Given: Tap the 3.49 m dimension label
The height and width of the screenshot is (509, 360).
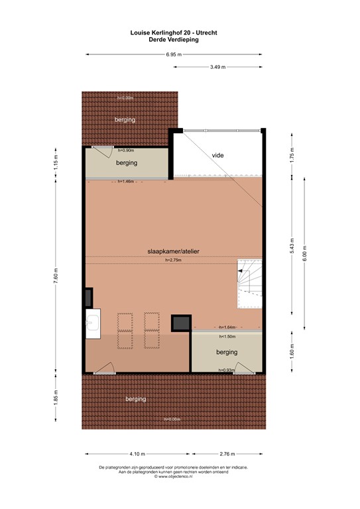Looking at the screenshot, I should click(x=217, y=67).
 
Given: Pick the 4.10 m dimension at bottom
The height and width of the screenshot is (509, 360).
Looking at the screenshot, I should click(x=137, y=453).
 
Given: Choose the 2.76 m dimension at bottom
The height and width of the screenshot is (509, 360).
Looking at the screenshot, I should click(x=227, y=453).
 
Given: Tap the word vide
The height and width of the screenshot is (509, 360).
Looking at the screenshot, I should click(x=217, y=155).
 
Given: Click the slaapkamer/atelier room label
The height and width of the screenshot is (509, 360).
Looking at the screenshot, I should click(x=174, y=251).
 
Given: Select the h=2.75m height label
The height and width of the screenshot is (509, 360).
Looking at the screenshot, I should click(x=174, y=260).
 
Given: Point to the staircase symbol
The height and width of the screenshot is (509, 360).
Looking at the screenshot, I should click(x=250, y=284).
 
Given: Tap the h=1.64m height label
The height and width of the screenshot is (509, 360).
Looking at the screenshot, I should click(x=227, y=327).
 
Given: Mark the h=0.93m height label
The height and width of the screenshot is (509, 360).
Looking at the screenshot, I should click(x=227, y=370).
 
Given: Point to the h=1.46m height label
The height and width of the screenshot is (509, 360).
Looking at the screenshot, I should click(x=125, y=181).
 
